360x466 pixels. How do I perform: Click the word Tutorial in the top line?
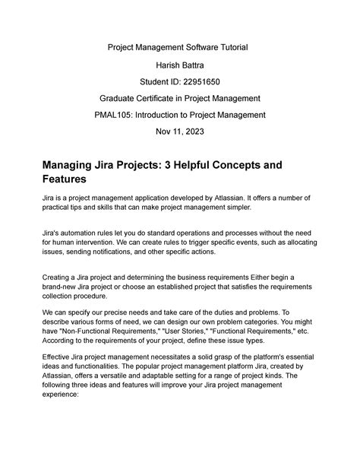point(238,48)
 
